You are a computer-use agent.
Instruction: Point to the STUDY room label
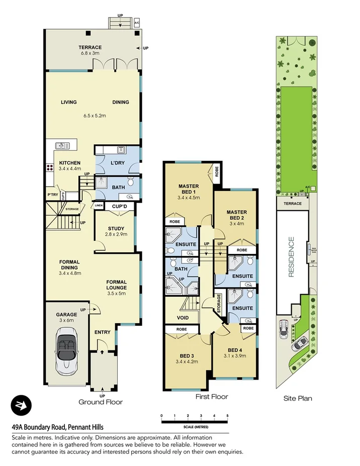click(x=116, y=228)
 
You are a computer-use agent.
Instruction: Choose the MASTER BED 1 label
click(x=189, y=189)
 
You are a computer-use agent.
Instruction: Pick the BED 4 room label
click(x=235, y=350)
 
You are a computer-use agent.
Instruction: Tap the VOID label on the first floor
click(x=183, y=318)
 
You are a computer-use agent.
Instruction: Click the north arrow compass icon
click(x=21, y=406)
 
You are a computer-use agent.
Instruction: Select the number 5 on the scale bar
click(x=228, y=416)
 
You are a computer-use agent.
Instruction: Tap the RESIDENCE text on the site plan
click(x=291, y=257)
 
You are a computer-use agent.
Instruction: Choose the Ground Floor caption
click(x=101, y=402)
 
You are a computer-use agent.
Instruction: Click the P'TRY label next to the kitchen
click(x=53, y=195)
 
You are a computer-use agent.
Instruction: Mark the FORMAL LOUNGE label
click(x=116, y=285)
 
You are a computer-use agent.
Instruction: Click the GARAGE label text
click(x=66, y=315)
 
